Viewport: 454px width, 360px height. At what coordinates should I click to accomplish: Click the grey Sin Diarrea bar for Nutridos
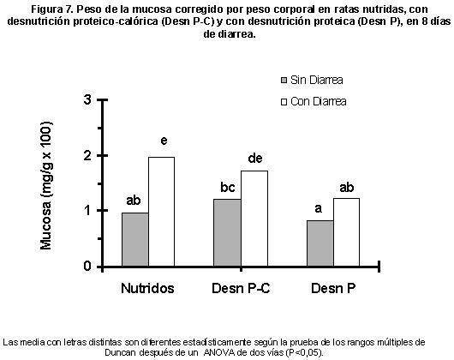[x=135, y=239]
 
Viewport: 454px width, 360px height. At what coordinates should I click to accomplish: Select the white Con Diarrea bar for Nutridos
[x=162, y=212]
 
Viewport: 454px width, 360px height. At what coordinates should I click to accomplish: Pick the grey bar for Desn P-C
[x=227, y=232]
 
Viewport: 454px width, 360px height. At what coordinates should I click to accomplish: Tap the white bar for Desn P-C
[x=254, y=219]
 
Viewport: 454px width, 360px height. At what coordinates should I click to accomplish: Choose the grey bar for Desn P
[x=320, y=243]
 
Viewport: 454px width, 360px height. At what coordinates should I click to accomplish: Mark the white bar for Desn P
[x=347, y=232]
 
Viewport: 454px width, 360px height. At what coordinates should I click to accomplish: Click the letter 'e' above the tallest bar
[x=164, y=141]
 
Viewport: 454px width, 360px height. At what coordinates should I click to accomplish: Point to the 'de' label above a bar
[x=255, y=158]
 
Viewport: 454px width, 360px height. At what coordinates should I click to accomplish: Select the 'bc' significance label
[x=228, y=188]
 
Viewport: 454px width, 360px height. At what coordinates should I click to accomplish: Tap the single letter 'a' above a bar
[x=318, y=208]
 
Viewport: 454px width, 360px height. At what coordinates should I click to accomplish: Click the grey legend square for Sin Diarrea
[x=284, y=80]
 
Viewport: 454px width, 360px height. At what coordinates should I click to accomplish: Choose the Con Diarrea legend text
[x=318, y=101]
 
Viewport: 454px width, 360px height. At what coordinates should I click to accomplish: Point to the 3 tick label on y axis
[x=87, y=99]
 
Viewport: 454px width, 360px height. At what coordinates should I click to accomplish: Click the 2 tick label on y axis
[x=87, y=155]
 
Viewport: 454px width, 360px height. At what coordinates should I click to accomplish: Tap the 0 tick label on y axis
[x=87, y=266]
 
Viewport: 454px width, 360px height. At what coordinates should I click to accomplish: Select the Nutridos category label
[x=147, y=288]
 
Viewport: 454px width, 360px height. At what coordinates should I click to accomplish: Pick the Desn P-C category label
[x=241, y=288]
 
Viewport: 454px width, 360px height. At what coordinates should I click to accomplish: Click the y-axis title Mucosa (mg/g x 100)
[x=45, y=185]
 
